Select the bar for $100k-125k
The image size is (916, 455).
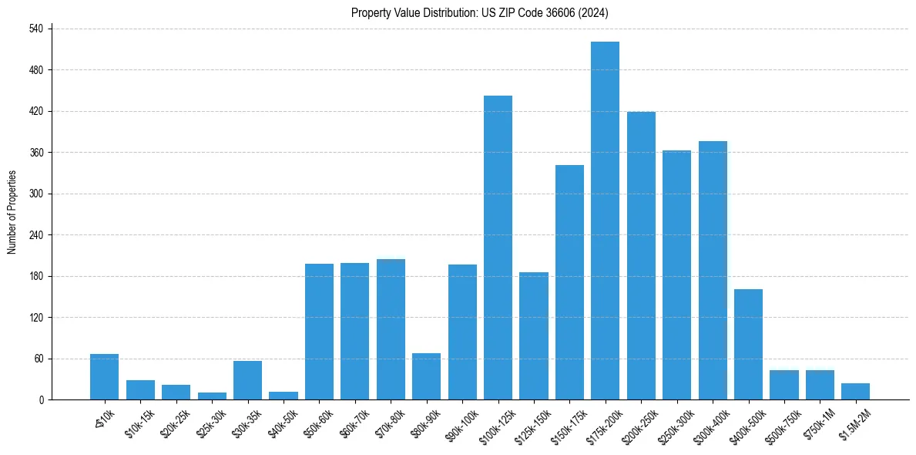[498, 248]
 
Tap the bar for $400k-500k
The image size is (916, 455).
[748, 344]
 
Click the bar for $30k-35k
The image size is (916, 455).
[247, 380]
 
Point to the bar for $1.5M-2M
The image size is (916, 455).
[855, 391]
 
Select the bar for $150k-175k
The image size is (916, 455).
[569, 282]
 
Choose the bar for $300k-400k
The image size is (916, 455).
[713, 270]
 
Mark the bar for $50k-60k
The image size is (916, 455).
[319, 332]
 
